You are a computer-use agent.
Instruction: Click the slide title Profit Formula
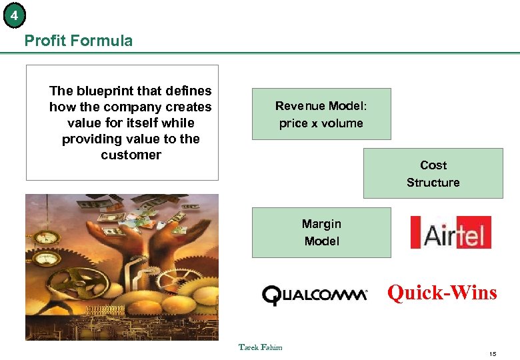coord(78,41)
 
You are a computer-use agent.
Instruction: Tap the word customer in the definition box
coord(131,155)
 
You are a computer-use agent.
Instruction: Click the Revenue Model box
coord(321,113)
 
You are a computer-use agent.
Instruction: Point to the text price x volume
coord(321,123)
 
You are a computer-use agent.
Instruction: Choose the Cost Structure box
coord(433,173)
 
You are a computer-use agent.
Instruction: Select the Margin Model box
coord(321,233)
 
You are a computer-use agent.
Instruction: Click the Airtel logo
coord(450,232)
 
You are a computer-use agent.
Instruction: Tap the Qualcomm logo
coord(315,294)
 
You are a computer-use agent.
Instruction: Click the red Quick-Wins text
coord(442,292)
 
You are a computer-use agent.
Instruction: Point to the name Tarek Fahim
coord(260,347)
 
